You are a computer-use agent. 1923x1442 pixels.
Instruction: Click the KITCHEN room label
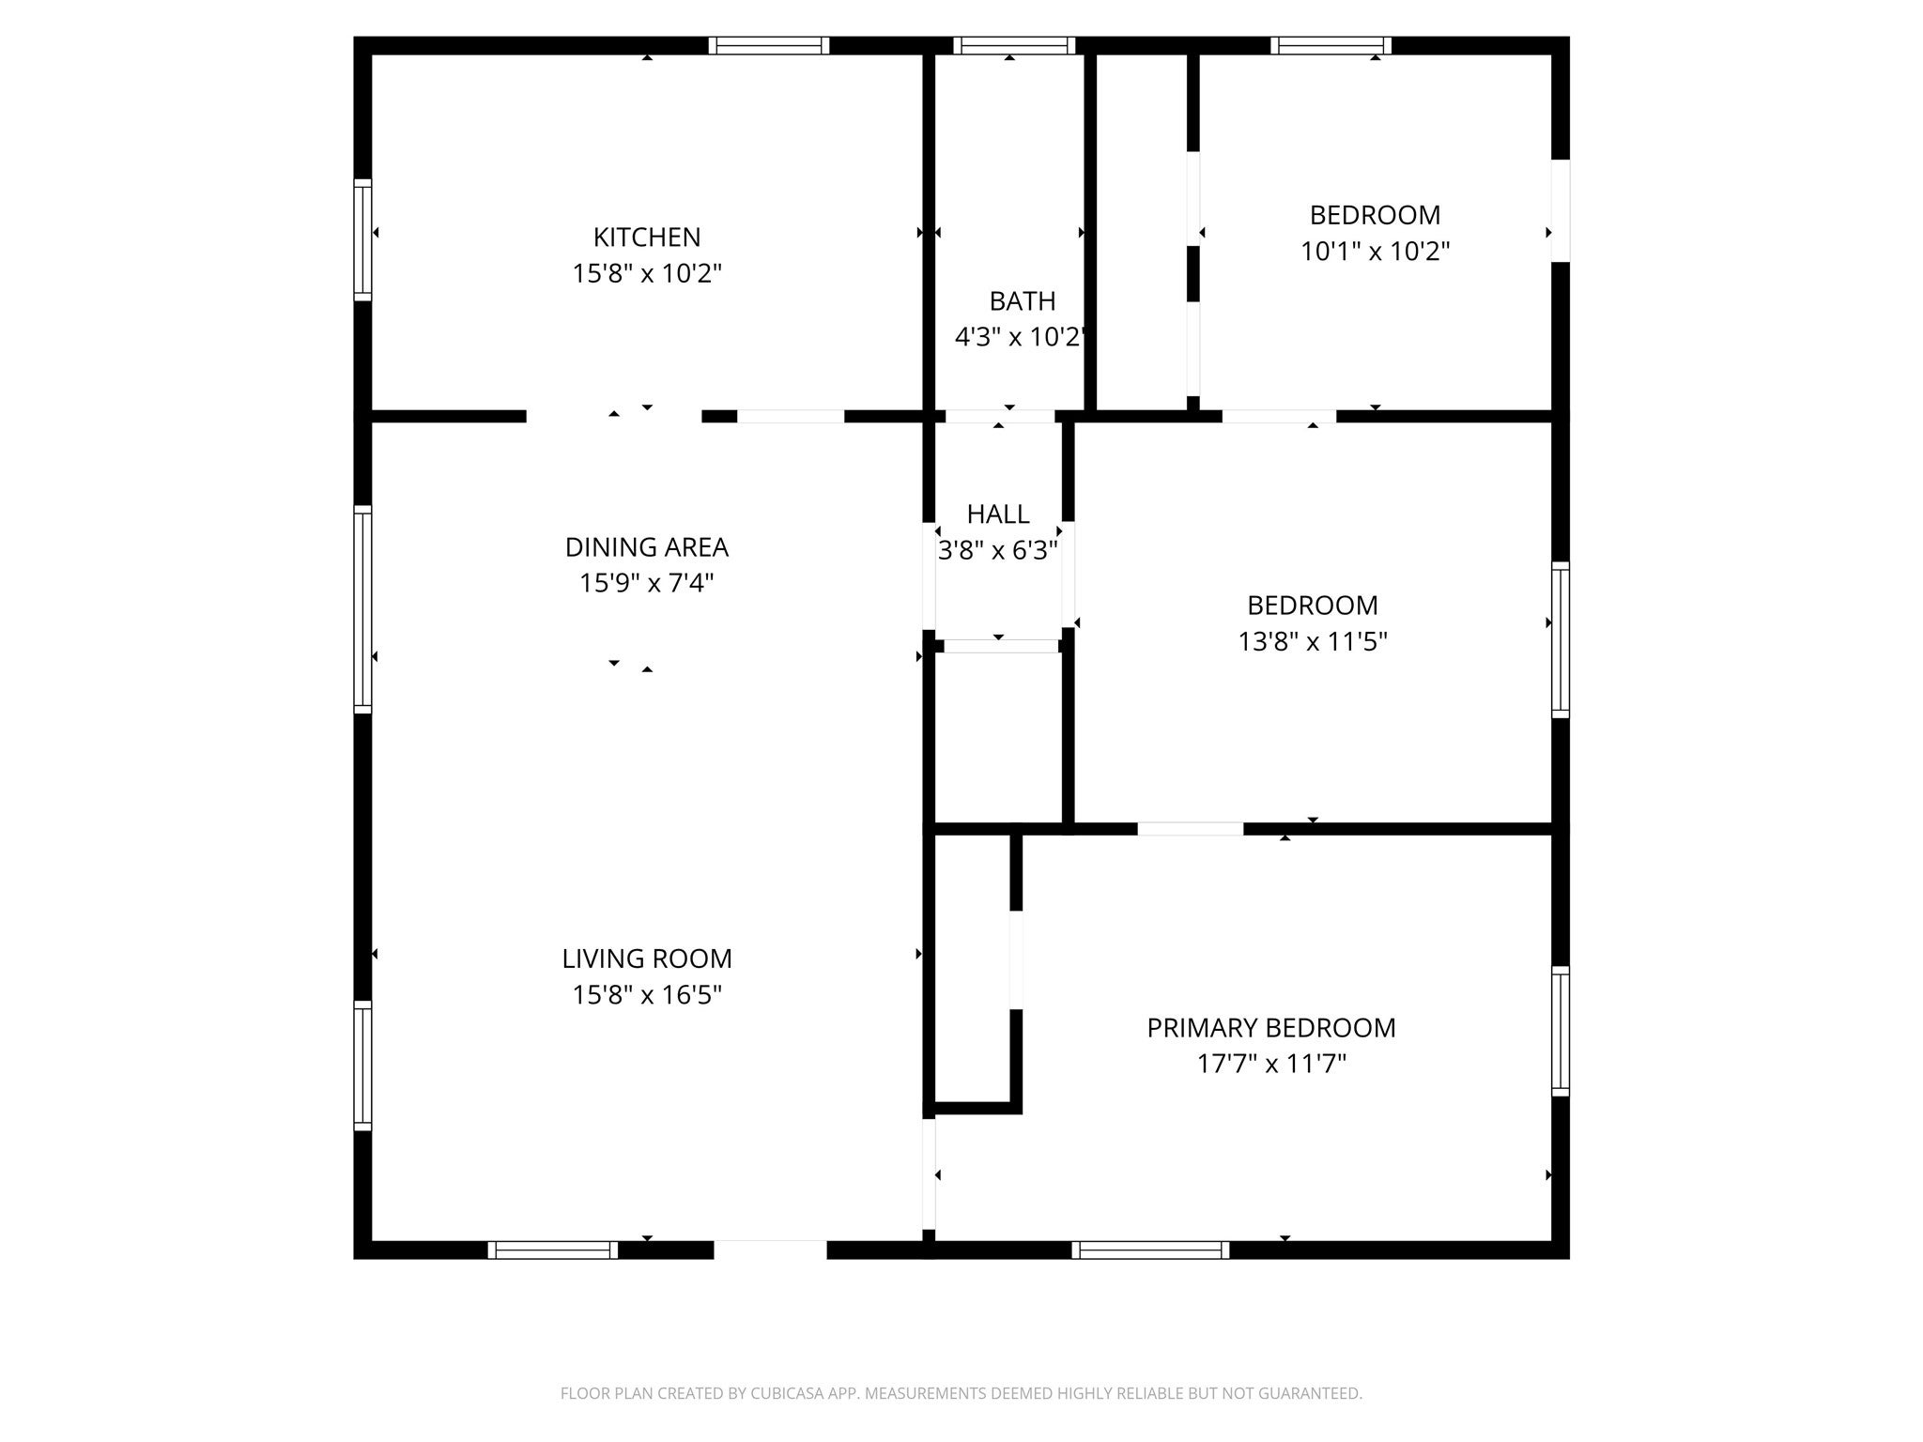tap(646, 237)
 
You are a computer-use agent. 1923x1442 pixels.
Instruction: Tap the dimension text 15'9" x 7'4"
tap(646, 583)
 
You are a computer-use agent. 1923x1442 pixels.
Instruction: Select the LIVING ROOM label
tap(646, 959)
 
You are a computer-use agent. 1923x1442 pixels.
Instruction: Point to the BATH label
tap(1022, 301)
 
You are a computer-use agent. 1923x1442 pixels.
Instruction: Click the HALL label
tap(997, 514)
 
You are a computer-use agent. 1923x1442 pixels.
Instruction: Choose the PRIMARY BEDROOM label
tap(1270, 1028)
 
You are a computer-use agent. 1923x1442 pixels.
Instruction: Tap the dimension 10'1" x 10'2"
tap(1375, 252)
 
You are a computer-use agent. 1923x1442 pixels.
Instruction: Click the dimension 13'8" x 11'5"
tap(1312, 641)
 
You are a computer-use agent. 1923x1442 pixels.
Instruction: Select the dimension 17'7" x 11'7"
tap(1270, 1064)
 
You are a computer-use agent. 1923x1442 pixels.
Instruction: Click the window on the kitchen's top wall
tap(768, 45)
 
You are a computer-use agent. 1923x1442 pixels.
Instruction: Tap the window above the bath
tap(1013, 45)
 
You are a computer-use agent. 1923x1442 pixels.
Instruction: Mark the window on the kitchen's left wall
tap(362, 239)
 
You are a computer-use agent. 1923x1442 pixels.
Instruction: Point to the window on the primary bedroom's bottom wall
tap(1150, 1250)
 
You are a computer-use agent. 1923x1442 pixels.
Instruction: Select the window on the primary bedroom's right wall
tap(1560, 1031)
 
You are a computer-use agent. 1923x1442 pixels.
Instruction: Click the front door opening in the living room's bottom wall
tap(770, 1249)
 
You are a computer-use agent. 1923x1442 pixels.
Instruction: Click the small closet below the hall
tap(997, 737)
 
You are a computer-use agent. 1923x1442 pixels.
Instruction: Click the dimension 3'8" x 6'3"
tap(997, 550)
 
